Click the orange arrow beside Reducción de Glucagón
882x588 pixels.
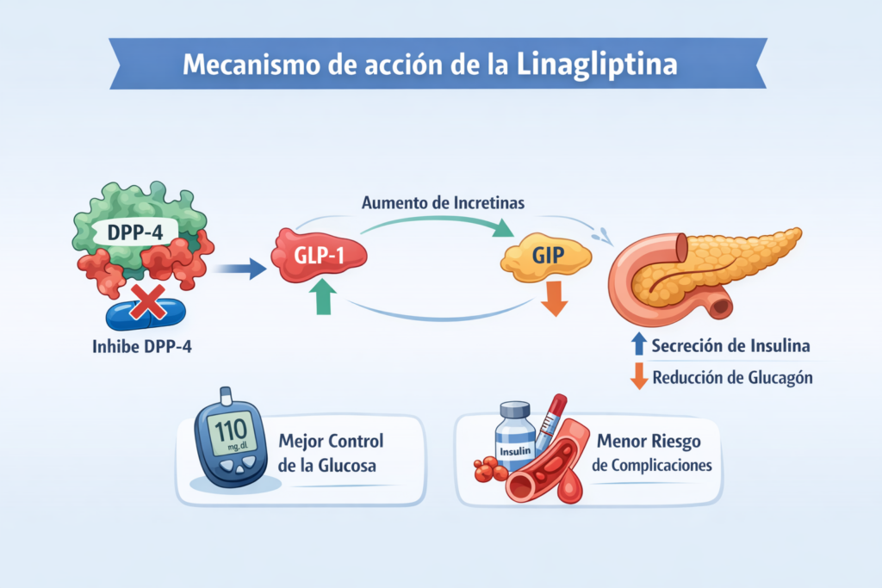coord(638,377)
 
